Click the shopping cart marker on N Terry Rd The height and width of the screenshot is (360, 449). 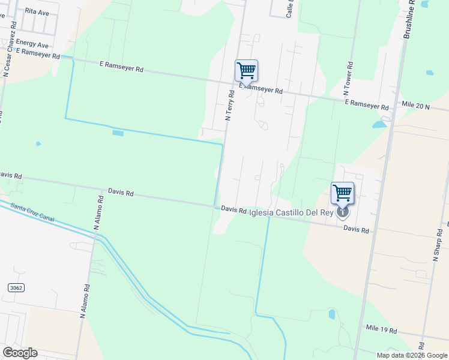click(246, 71)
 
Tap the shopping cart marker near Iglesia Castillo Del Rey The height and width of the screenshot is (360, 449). click(342, 193)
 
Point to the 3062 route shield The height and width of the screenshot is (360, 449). click(16, 288)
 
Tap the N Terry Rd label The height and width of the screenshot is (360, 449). click(230, 106)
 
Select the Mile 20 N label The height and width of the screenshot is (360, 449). click(416, 106)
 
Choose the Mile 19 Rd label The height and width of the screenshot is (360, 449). click(381, 330)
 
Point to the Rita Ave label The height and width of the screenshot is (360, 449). click(37, 12)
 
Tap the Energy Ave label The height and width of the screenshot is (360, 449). click(32, 44)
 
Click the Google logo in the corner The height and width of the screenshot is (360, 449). click(20, 353)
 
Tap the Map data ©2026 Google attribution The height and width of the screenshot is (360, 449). click(411, 355)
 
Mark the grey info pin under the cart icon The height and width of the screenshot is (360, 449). click(342, 211)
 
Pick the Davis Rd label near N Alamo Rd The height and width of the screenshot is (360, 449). click(121, 193)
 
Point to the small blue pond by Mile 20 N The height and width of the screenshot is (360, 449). click(379, 125)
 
